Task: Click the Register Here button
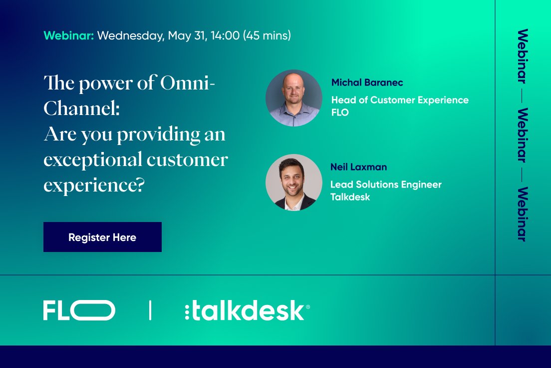coord(102,237)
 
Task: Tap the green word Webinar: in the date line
coord(68,36)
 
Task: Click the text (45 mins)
coord(267,36)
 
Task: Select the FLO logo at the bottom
coord(79,310)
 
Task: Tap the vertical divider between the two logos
coord(150,310)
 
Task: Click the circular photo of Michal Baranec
coord(293,97)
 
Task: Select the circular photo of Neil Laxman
coord(293,182)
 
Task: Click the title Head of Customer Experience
coord(400,100)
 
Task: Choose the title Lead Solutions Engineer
coord(386,184)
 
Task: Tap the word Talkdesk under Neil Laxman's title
coord(350,197)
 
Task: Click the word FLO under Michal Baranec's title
coord(340,112)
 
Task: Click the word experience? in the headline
coord(94,185)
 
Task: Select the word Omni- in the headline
coord(188,83)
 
